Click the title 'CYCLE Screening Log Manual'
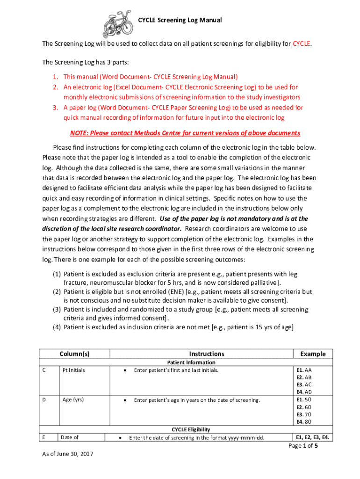pos(180,20)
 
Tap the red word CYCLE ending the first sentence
pos(302,44)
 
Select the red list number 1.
pos(55,77)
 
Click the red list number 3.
pos(55,108)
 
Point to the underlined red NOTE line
pos(185,133)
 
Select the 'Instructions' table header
pos(207,354)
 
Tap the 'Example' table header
pos(313,354)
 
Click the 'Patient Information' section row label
pos(191,363)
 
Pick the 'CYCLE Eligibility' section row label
pos(191,429)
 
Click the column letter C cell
pos(44,370)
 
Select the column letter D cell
pos(44,400)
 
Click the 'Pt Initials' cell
pos(74,370)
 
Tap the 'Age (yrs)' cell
pos(73,400)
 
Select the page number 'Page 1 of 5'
pos(303,446)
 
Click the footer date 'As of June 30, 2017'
pos(68,453)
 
